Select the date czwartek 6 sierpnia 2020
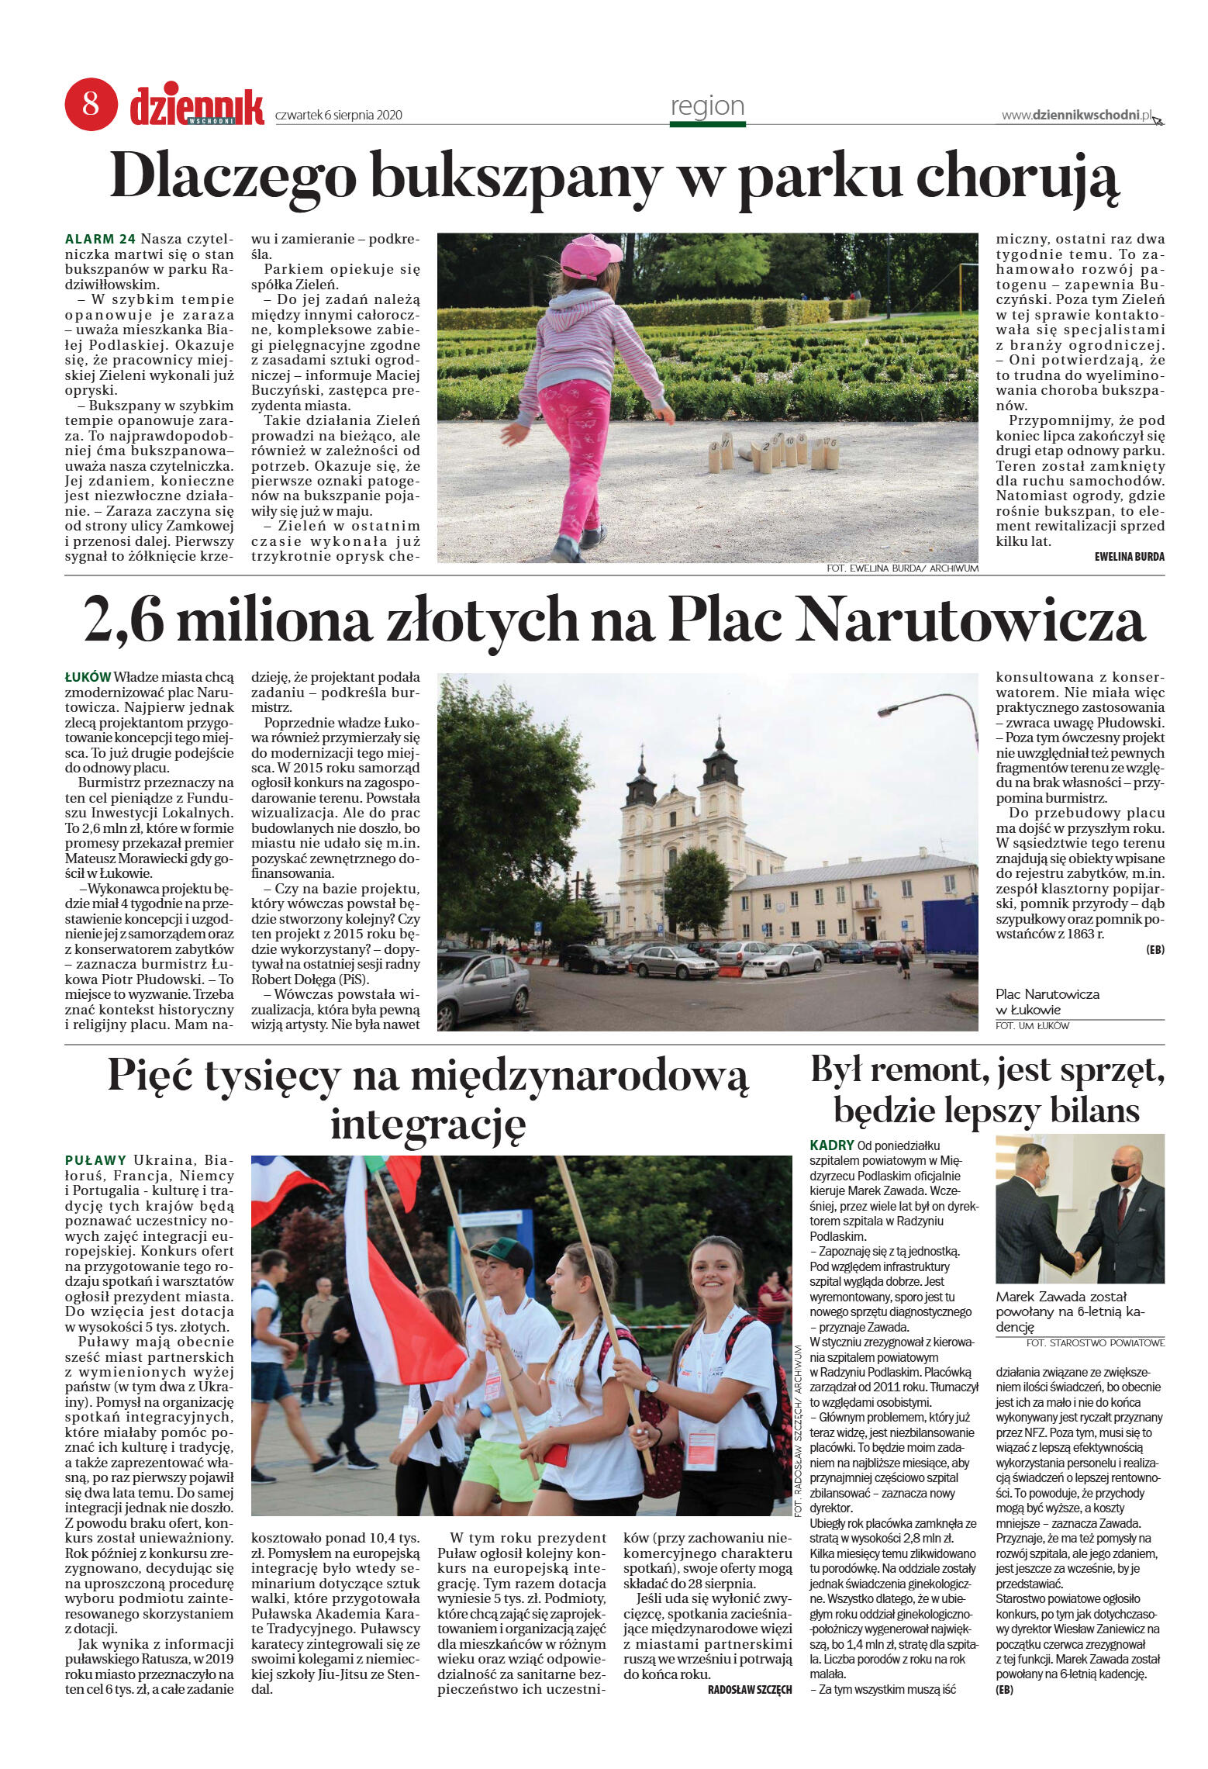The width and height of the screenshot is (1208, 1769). coord(339,116)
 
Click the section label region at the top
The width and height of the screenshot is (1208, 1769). coord(706,105)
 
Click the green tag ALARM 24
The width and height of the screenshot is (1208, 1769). coord(101,239)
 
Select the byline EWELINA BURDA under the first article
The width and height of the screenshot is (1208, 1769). coord(1129,556)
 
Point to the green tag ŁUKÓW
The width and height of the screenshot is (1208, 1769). coord(87,676)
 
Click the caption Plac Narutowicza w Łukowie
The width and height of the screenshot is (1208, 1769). coord(1047,1001)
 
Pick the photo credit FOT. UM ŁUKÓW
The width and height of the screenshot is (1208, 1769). coord(1032,1025)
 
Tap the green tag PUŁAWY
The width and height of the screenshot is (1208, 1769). coord(95,1160)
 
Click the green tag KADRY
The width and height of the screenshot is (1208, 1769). coord(831,1145)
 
